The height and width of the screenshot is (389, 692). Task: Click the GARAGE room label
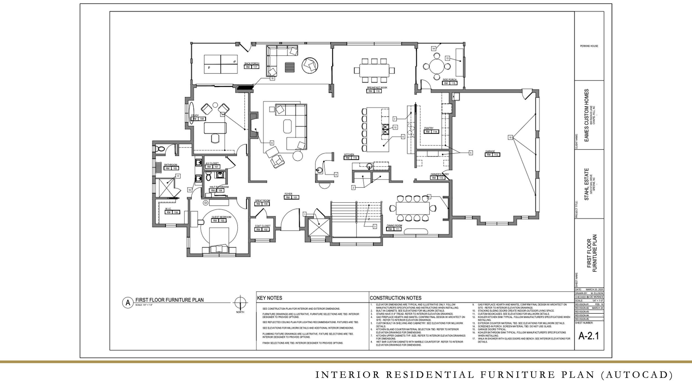[490, 151]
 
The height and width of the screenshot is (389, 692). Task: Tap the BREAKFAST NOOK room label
[377, 88]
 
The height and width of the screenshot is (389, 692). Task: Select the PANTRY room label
[429, 128]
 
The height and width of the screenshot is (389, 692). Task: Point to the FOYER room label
[288, 194]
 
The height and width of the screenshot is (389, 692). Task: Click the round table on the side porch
[437, 66]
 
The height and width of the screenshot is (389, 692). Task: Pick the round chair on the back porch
[310, 66]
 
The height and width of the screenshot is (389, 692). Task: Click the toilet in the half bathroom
[208, 176]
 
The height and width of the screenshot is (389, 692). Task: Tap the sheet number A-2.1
[588, 336]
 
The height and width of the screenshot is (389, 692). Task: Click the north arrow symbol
[240, 303]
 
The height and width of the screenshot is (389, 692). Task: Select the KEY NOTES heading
[270, 298]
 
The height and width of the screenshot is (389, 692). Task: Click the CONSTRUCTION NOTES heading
[396, 298]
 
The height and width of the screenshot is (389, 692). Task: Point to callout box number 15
[510, 138]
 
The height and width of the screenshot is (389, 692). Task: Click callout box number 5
[471, 153]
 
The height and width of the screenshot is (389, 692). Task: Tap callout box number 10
[272, 79]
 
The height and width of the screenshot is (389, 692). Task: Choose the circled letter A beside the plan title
[128, 303]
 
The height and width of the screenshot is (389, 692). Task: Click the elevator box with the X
[319, 227]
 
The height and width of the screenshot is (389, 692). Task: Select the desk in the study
[215, 128]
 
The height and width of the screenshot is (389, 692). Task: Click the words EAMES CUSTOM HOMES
[586, 115]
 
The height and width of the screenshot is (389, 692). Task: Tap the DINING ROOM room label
[394, 225]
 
